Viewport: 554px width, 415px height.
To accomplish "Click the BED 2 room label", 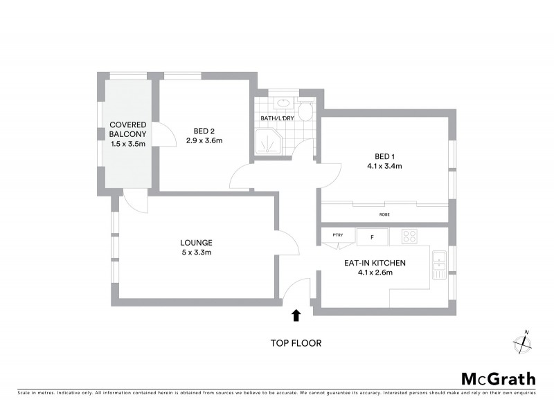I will (x=204, y=131).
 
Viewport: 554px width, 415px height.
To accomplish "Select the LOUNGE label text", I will (x=196, y=243).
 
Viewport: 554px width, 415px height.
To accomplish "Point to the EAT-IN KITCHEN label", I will (x=375, y=263).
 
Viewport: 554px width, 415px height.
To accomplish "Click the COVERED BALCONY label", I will (x=128, y=129).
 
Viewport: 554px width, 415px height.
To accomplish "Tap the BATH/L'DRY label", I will (x=276, y=118).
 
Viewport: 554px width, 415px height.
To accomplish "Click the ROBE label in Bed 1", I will (x=384, y=214).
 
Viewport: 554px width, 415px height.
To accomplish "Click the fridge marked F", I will (x=372, y=237).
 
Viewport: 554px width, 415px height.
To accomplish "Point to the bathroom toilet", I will (x=305, y=111).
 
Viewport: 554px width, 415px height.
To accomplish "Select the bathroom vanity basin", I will (x=283, y=104).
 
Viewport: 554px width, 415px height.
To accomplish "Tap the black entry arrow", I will (x=296, y=315).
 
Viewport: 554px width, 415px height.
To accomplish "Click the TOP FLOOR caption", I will (x=296, y=343).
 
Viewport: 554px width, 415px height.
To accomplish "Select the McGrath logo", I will (x=498, y=378).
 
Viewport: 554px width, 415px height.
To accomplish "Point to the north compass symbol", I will (x=521, y=342).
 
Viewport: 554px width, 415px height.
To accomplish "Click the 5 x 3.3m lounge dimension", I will (x=196, y=252).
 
